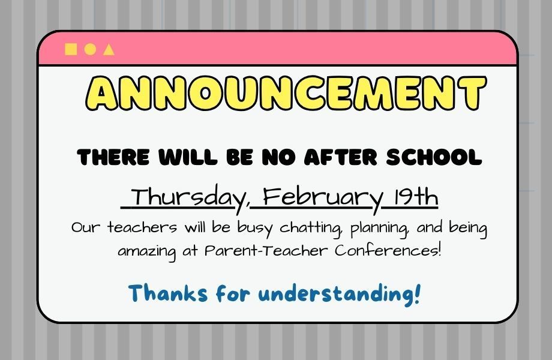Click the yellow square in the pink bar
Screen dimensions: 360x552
tap(71, 49)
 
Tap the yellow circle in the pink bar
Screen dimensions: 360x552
tap(90, 49)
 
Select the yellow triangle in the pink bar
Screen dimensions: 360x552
tap(109, 49)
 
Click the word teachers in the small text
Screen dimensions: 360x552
tap(142, 229)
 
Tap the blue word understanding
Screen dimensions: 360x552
tap(340, 294)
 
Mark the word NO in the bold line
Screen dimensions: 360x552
tap(278, 158)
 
